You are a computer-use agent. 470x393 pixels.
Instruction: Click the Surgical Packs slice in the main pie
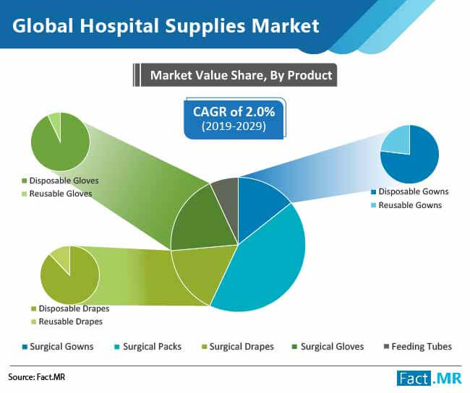coord(267,264)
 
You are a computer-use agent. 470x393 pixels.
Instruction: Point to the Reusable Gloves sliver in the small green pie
coord(56,123)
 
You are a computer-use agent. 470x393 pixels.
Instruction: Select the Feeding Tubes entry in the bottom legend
coord(418,347)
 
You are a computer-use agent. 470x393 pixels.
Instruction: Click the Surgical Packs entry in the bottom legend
coord(148,347)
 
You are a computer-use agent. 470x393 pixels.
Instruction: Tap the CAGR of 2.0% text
coord(234,112)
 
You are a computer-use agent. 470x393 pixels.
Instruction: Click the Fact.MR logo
coord(430,379)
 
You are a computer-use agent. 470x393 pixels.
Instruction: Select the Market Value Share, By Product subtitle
coord(241,75)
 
